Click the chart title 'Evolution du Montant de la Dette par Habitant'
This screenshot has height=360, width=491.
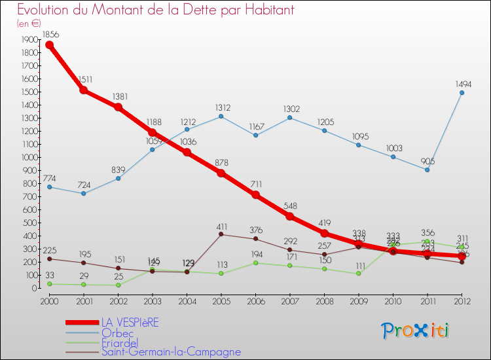pos(155,10)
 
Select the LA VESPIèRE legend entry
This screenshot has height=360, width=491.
pos(130,322)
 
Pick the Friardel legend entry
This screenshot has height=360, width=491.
pos(120,342)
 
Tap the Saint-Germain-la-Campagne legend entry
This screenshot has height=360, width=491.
pos(171,352)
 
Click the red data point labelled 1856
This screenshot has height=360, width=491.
pos(49,45)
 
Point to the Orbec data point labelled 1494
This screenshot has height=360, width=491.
pos(462,92)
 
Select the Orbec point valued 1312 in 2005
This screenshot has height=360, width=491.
pos(221,117)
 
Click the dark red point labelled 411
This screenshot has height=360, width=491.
pos(221,234)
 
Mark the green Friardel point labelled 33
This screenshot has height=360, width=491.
pos(49,283)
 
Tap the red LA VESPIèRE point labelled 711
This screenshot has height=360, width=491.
pos(255,195)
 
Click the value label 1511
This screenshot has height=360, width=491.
pos(84,79)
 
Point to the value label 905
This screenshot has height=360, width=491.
pos(427,161)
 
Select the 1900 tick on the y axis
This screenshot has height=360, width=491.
pos(29,39)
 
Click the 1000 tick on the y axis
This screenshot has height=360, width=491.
pos(29,157)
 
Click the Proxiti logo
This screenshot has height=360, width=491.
pos(416,331)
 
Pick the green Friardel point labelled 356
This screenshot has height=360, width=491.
pos(427,242)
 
